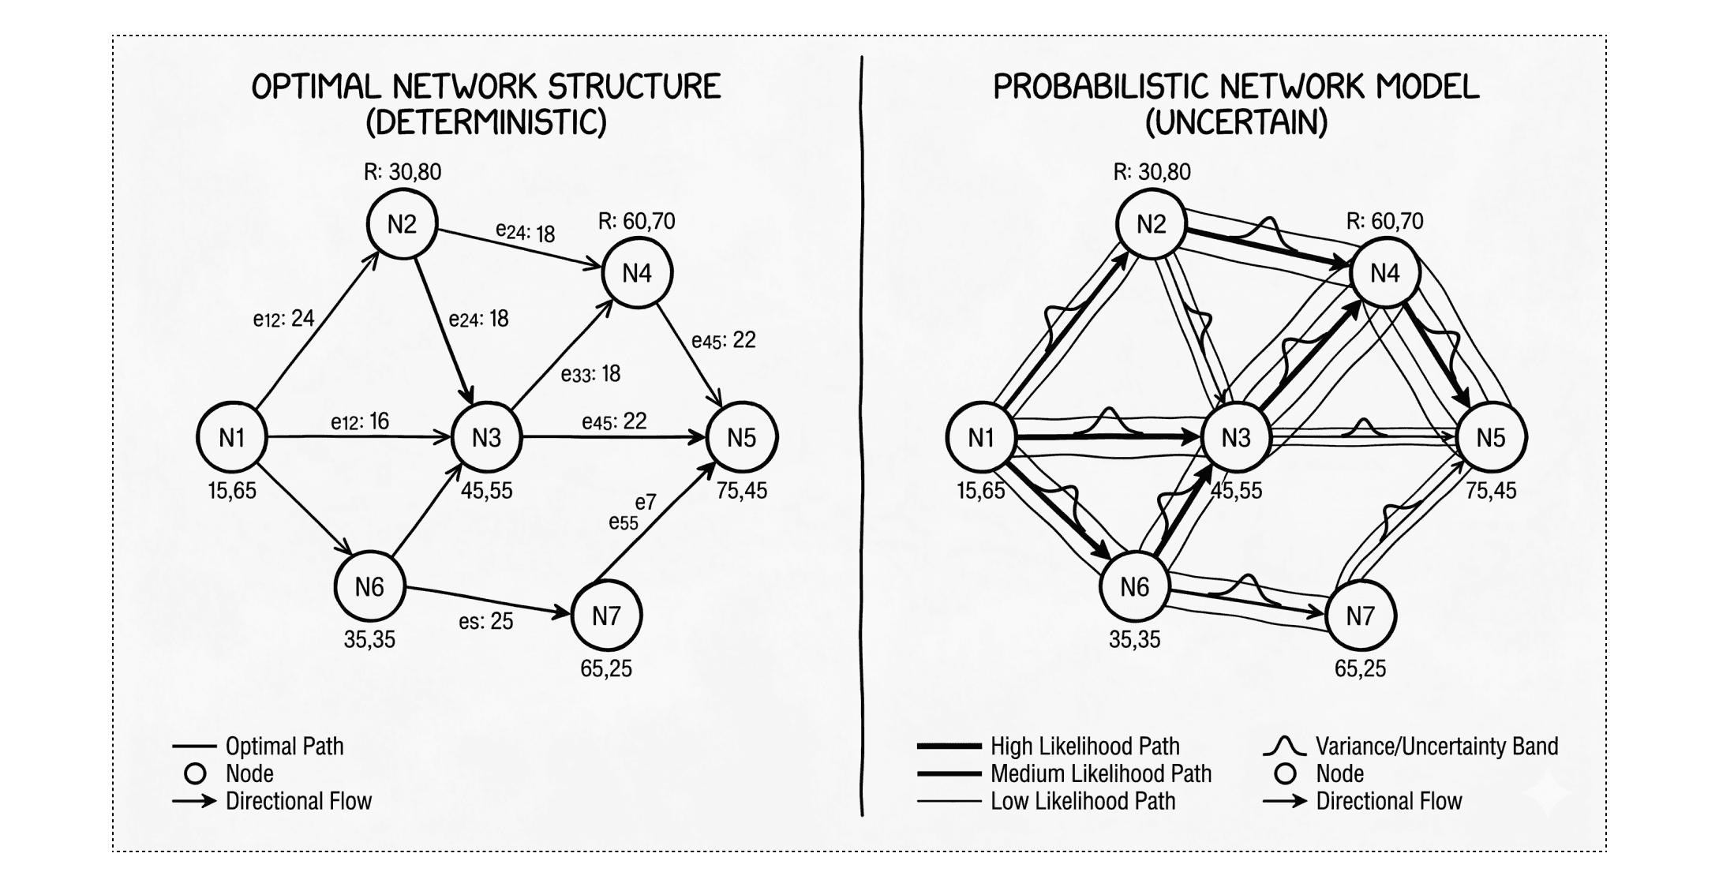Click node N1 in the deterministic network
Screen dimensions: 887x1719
[232, 437]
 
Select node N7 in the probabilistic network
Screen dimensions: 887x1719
[1361, 616]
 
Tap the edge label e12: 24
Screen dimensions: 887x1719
[283, 319]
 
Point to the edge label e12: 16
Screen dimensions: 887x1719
[360, 421]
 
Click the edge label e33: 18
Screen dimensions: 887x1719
[590, 374]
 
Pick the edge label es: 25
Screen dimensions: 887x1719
[485, 622]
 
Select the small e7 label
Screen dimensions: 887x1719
[646, 503]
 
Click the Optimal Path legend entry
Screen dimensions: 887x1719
[284, 747]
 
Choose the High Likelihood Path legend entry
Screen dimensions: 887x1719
[1084, 747]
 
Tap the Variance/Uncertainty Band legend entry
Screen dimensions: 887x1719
[1436, 747]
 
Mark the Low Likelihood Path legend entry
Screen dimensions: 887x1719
[1083, 802]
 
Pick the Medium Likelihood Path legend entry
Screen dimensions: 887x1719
[1100, 774]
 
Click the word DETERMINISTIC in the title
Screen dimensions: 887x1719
[486, 123]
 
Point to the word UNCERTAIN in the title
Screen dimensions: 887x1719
[1236, 123]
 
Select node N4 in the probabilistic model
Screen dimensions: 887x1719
[1385, 273]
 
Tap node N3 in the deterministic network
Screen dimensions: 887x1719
[487, 437]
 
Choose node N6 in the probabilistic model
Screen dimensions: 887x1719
[1135, 587]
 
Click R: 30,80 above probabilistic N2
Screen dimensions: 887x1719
[1152, 172]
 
